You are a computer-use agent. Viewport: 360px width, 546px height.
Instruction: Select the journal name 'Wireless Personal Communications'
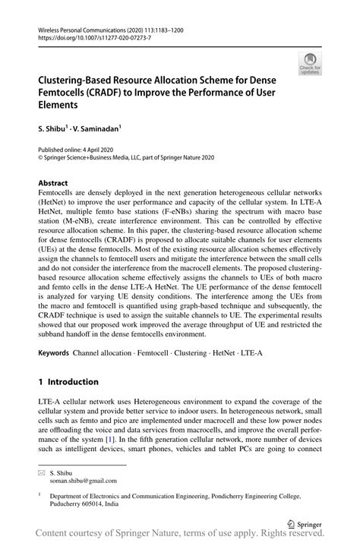click(76, 27)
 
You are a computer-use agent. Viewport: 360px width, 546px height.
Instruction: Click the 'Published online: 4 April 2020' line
click(71, 151)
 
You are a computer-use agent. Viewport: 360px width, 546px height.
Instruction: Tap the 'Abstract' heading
click(52, 183)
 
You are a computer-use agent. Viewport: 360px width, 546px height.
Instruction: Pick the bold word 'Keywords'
click(53, 354)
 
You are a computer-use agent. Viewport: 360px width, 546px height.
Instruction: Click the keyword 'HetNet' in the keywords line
click(209, 354)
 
